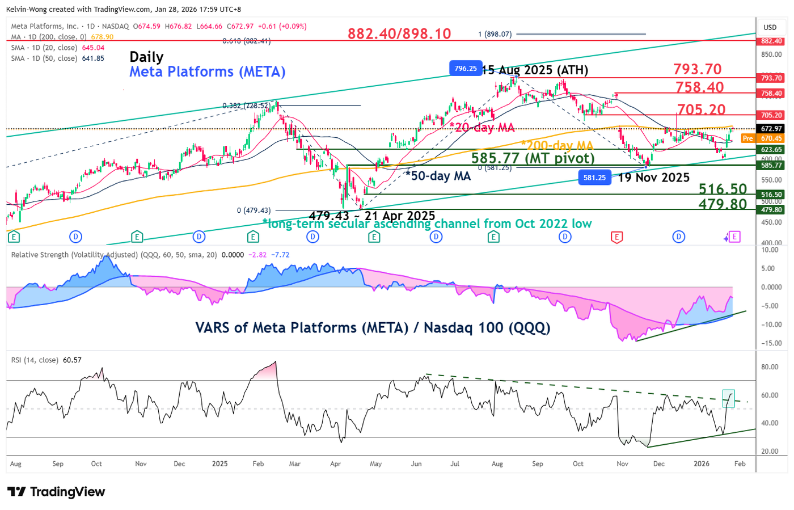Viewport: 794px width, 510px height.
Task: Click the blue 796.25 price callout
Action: [466, 69]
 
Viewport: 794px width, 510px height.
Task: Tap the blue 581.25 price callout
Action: [594, 178]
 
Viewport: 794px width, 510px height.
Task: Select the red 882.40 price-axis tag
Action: [771, 41]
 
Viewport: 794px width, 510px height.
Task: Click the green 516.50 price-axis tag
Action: [771, 195]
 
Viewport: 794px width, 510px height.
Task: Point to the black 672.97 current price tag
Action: [771, 129]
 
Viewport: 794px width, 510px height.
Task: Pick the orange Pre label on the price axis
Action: [748, 138]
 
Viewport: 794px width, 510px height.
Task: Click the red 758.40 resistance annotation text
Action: [700, 87]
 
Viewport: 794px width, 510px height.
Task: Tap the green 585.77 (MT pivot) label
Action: [533, 158]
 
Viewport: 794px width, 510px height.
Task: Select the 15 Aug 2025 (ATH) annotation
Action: [535, 70]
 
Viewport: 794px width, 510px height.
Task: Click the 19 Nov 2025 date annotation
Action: [653, 178]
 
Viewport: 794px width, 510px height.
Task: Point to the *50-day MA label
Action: [438, 176]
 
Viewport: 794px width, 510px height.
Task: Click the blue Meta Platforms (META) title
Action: [207, 72]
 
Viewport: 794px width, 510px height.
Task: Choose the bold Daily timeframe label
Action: [146, 57]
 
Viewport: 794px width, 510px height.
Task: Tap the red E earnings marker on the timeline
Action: [616, 237]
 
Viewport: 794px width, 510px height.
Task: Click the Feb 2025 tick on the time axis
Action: [258, 463]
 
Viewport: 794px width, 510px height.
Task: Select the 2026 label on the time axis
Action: [702, 463]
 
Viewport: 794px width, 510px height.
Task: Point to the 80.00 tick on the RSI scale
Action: [770, 367]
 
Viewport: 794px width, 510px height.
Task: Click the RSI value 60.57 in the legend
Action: [72, 360]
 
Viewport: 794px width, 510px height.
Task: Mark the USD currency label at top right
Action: [770, 27]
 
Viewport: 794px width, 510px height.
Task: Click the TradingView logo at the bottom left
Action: [56, 492]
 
